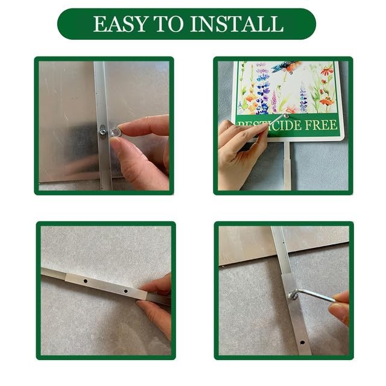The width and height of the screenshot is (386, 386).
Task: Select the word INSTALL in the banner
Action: pos(237,24)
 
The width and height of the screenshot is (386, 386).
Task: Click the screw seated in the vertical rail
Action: pos(103,130)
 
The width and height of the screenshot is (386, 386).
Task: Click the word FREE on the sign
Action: pos(321,125)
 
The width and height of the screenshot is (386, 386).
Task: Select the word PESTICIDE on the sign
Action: pos(269,125)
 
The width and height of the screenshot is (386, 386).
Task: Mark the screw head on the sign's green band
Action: pos(286,115)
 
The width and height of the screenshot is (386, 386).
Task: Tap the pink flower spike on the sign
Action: pos(274,101)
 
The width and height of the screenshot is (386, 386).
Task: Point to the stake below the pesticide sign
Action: pos(287,165)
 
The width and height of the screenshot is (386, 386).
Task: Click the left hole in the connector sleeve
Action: pos(86,281)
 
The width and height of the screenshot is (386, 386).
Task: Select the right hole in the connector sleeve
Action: pos(125,291)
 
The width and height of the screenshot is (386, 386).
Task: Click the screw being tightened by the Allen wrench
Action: pos(293,295)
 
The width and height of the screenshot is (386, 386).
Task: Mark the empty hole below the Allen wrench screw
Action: pos(302,343)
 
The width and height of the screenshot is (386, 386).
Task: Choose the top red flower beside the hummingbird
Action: pos(327,71)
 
